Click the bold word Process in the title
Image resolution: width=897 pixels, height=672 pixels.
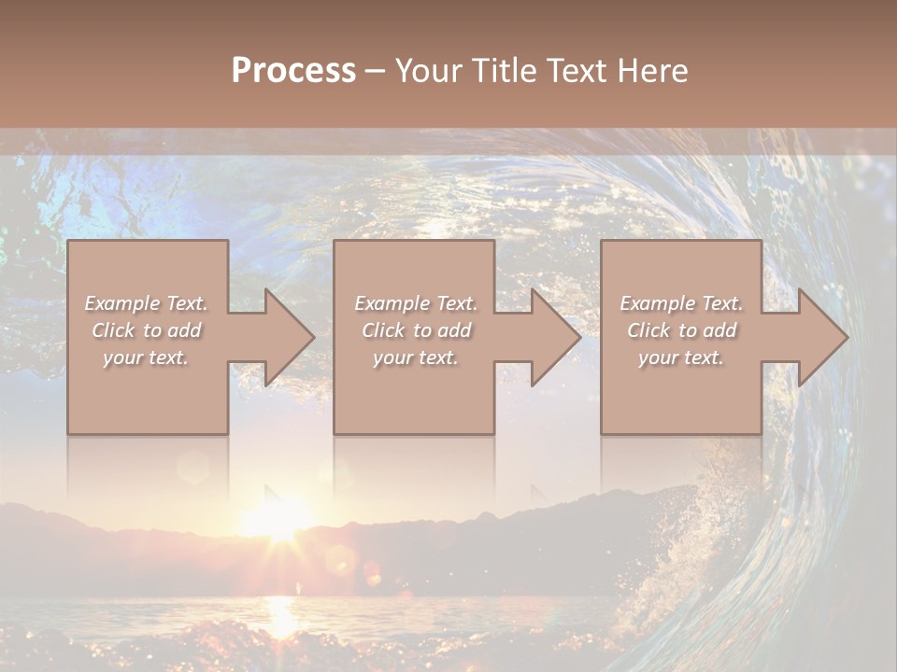[293, 71]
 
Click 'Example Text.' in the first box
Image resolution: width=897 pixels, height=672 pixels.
[146, 303]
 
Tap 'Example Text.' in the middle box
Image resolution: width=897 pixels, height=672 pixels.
[415, 303]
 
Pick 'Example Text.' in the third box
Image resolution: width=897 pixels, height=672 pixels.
[681, 303]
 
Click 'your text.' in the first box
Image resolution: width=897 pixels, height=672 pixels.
[146, 357]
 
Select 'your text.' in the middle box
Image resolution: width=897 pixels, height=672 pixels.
[415, 357]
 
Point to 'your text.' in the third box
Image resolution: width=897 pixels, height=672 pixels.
[681, 357]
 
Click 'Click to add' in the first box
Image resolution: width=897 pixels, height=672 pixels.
[146, 330]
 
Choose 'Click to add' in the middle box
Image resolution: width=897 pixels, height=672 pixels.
[415, 330]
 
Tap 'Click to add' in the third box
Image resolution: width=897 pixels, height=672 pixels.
[681, 330]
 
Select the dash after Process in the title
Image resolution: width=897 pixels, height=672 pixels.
[375, 71]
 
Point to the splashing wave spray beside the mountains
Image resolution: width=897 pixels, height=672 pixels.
[691, 551]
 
